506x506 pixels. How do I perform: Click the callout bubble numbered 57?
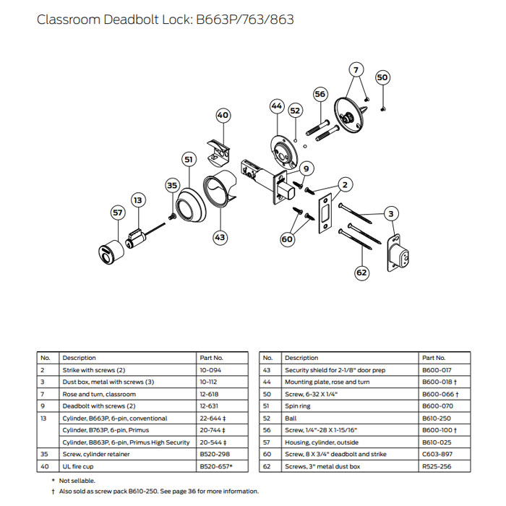pos(118,212)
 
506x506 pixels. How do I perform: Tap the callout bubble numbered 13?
pos(138,199)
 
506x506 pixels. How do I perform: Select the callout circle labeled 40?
pos(223,115)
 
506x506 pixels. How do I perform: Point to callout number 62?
pos(361,273)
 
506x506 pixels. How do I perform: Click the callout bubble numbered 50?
pos(382,77)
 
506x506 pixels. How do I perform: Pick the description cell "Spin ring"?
pos(300,407)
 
